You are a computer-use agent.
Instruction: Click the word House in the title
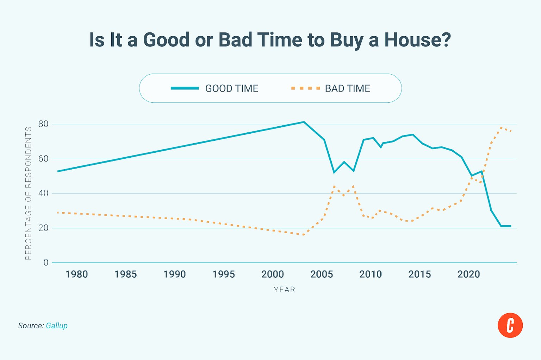click(x=417, y=40)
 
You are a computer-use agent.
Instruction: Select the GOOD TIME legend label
click(x=232, y=88)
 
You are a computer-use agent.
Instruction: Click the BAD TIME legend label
click(x=347, y=88)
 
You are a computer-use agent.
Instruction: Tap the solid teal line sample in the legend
click(x=185, y=88)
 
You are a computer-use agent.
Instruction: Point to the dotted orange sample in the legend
click(x=305, y=88)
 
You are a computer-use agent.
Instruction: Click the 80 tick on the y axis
click(x=43, y=124)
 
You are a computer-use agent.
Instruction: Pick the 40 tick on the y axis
click(x=43, y=193)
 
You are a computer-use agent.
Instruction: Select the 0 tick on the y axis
click(x=46, y=263)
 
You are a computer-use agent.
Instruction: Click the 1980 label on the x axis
click(x=76, y=274)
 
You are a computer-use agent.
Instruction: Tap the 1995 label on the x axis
click(x=223, y=274)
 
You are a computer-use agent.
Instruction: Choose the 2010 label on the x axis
click(x=370, y=274)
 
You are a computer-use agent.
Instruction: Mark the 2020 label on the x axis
click(x=468, y=274)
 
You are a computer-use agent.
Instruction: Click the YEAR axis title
click(x=284, y=290)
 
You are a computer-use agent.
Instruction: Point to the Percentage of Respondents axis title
click(x=29, y=193)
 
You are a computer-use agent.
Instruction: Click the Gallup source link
click(x=57, y=326)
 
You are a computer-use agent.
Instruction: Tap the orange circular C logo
click(x=510, y=325)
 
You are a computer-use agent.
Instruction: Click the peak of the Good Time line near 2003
click(x=304, y=122)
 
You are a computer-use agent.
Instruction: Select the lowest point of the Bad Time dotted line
click(x=304, y=235)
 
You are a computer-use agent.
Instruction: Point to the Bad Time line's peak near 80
click(x=501, y=128)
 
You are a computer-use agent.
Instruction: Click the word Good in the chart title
click(x=166, y=40)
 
